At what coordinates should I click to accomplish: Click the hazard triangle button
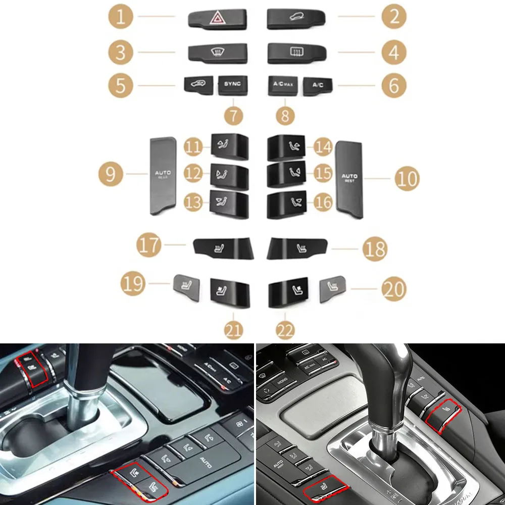pyautogui.click(x=217, y=19)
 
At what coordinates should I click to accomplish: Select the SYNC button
pyautogui.click(x=233, y=85)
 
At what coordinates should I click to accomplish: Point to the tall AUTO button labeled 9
pyautogui.click(x=162, y=176)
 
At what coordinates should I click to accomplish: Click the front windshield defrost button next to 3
pyautogui.click(x=217, y=52)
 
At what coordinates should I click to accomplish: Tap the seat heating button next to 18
pyautogui.click(x=297, y=247)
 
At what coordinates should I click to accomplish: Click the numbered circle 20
pyautogui.click(x=393, y=289)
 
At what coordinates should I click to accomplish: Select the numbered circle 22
pyautogui.click(x=285, y=331)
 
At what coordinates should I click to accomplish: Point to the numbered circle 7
pyautogui.click(x=233, y=116)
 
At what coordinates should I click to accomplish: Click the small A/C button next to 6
pyautogui.click(x=317, y=85)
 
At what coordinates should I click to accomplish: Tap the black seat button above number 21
pyautogui.click(x=229, y=292)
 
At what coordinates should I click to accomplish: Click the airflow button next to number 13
pyautogui.click(x=230, y=205)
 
